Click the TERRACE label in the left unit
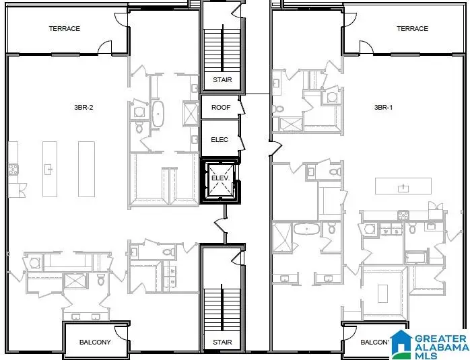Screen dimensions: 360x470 point(64,29)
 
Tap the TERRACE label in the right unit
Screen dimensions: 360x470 point(412,29)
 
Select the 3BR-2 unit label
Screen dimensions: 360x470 point(83,108)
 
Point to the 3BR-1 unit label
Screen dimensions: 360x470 point(384,108)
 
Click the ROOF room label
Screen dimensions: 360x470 point(221,108)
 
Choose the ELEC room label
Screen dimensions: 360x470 point(220,140)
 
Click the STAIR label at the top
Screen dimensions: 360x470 point(222,80)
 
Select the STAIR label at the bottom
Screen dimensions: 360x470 point(222,343)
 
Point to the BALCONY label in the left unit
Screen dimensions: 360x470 point(95,343)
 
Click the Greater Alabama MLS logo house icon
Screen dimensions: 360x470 point(402,343)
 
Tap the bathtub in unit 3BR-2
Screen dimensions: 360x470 point(159,114)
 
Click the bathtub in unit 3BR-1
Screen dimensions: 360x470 point(308,229)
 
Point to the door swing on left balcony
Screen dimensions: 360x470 point(120,333)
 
